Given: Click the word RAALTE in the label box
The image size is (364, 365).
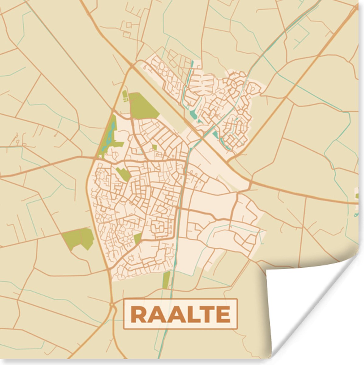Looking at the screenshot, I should pyautogui.click(x=181, y=315).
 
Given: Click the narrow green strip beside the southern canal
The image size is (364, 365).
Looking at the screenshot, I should pyautogui.click(x=166, y=280).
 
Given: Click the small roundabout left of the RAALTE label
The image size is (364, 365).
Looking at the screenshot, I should pyautogui.click(x=112, y=304).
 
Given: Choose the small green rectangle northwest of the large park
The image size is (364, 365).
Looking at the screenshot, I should pyautogui.click(x=125, y=96).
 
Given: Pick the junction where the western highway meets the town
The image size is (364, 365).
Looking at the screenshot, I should pyautogui.click(x=95, y=158).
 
